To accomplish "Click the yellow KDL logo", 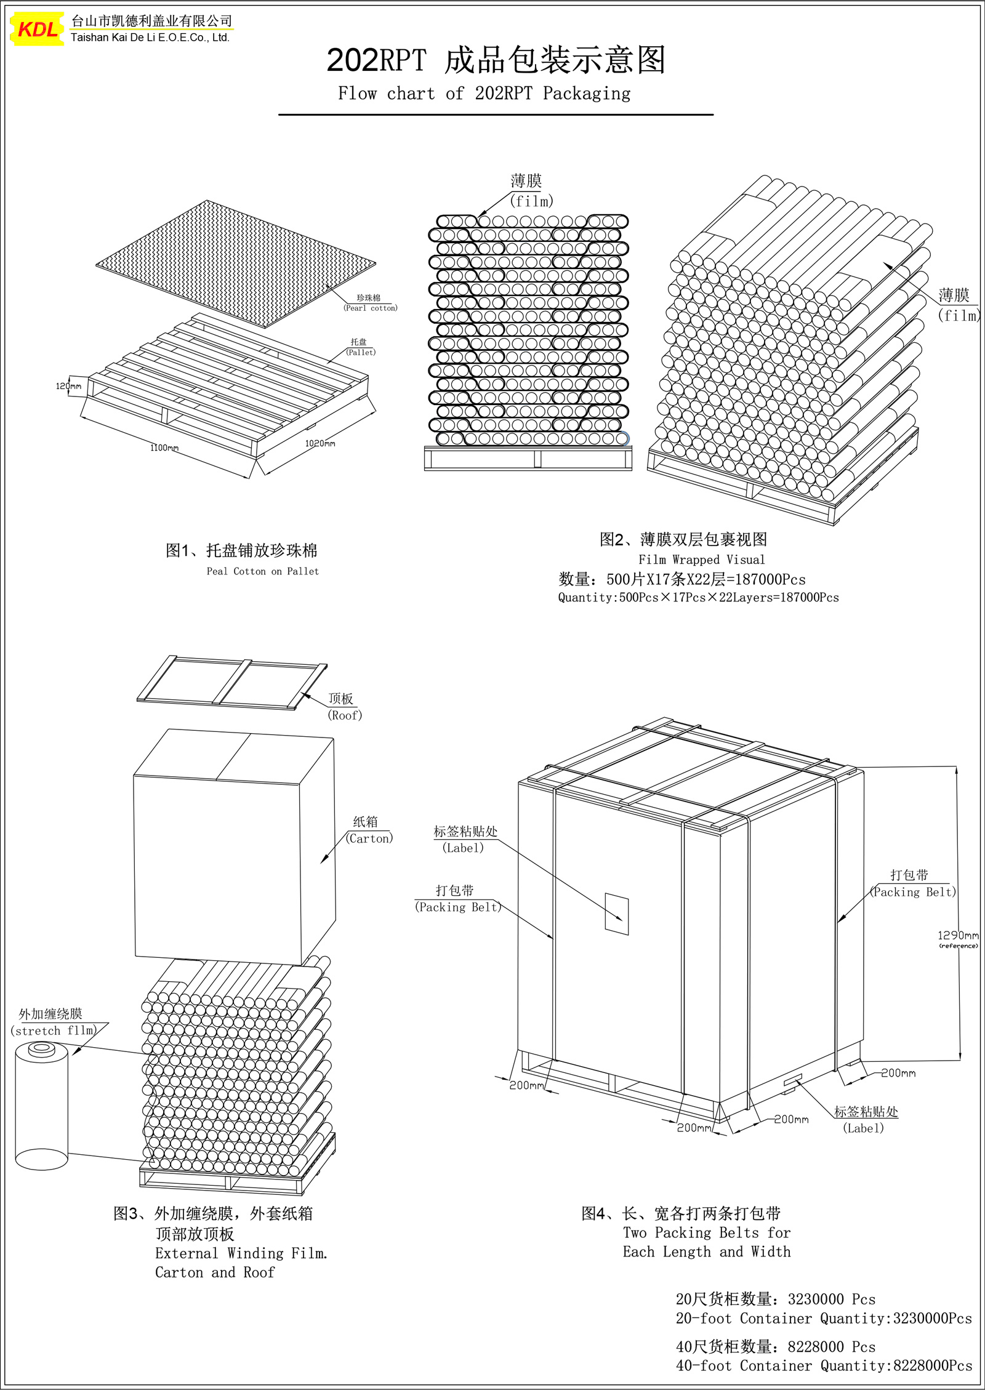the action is point(38,29).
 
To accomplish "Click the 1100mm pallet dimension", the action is point(164,448).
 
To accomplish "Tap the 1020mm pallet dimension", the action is point(320,443).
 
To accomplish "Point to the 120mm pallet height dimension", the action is point(68,386).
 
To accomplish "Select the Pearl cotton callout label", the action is point(371,308).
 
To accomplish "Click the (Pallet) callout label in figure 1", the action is point(361,352).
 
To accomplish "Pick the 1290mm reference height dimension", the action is point(958,935).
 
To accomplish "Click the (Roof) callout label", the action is point(345,715).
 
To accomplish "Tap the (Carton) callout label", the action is point(369,838).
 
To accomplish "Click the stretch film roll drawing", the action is point(41,1106).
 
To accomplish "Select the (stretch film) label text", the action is point(54,1030).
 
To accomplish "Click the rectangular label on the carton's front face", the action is point(617,914).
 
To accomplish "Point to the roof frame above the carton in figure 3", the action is point(232,683).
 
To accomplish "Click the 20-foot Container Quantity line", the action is point(824,1318).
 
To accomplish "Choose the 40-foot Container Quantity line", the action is point(824,1365).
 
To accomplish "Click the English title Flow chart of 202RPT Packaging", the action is point(484,94).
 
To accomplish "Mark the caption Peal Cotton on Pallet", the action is point(263,571).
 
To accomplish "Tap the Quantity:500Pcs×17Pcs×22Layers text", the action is point(698,597).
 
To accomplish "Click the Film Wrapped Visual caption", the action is point(702,560).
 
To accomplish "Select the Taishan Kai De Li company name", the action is point(150,38).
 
